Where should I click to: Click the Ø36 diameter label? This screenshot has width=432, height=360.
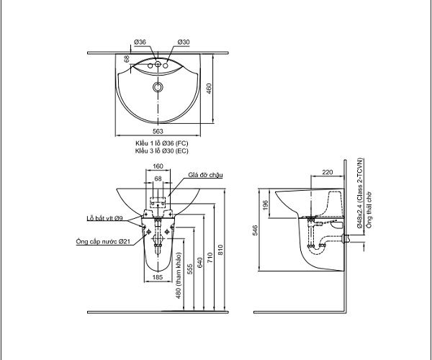tap(140, 42)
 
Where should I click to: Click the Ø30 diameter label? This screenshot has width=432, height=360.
tap(184, 42)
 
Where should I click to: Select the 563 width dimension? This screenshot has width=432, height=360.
tap(158, 131)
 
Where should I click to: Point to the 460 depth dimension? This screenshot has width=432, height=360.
tap(209, 89)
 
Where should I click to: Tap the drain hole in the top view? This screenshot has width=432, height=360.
tap(158, 87)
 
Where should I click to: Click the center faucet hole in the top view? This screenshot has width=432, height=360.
tap(158, 65)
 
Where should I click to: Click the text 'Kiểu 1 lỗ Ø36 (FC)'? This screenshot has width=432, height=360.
tap(162, 143)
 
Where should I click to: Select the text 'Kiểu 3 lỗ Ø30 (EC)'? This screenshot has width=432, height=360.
tap(162, 151)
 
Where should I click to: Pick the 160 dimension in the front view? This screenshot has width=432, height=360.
tap(158, 166)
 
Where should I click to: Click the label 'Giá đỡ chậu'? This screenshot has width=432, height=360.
tap(205, 175)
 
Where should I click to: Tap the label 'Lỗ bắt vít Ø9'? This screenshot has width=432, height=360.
tap(104, 218)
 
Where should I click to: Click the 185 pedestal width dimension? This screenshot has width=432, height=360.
tap(158, 277)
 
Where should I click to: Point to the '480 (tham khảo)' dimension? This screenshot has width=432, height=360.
tap(179, 276)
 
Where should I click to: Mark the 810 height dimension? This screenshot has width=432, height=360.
tap(220, 250)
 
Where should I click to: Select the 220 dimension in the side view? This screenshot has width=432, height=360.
tap(328, 172)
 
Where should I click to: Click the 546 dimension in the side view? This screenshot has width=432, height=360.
tap(256, 230)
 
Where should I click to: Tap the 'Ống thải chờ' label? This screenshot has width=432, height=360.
tap(369, 210)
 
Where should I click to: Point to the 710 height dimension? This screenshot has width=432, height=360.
tap(210, 257)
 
